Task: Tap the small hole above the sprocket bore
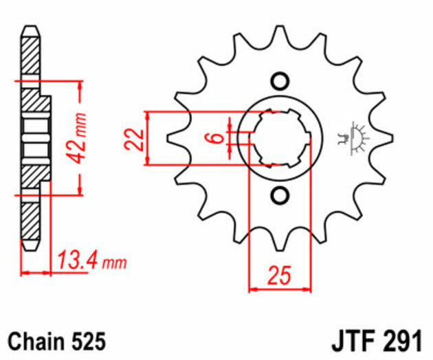coord(278,81)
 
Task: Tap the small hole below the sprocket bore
coord(278,195)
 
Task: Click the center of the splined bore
coord(278,138)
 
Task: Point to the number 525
coord(87,341)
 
